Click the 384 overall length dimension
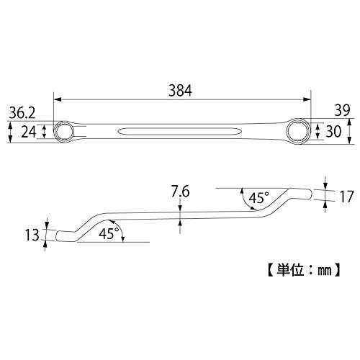180,91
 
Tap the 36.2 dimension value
22,113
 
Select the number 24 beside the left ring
29,132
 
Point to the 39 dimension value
343,111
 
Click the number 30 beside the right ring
333,131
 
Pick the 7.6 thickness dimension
180,192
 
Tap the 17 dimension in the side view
346,197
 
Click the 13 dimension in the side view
32,235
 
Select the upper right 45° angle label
258,198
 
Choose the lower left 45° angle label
109,233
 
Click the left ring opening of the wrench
64,132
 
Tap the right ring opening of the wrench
299,131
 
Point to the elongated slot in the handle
180,132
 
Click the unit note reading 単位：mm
304,270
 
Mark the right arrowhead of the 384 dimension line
307,99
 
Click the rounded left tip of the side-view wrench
57,235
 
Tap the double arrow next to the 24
44,132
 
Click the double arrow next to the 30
318,131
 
